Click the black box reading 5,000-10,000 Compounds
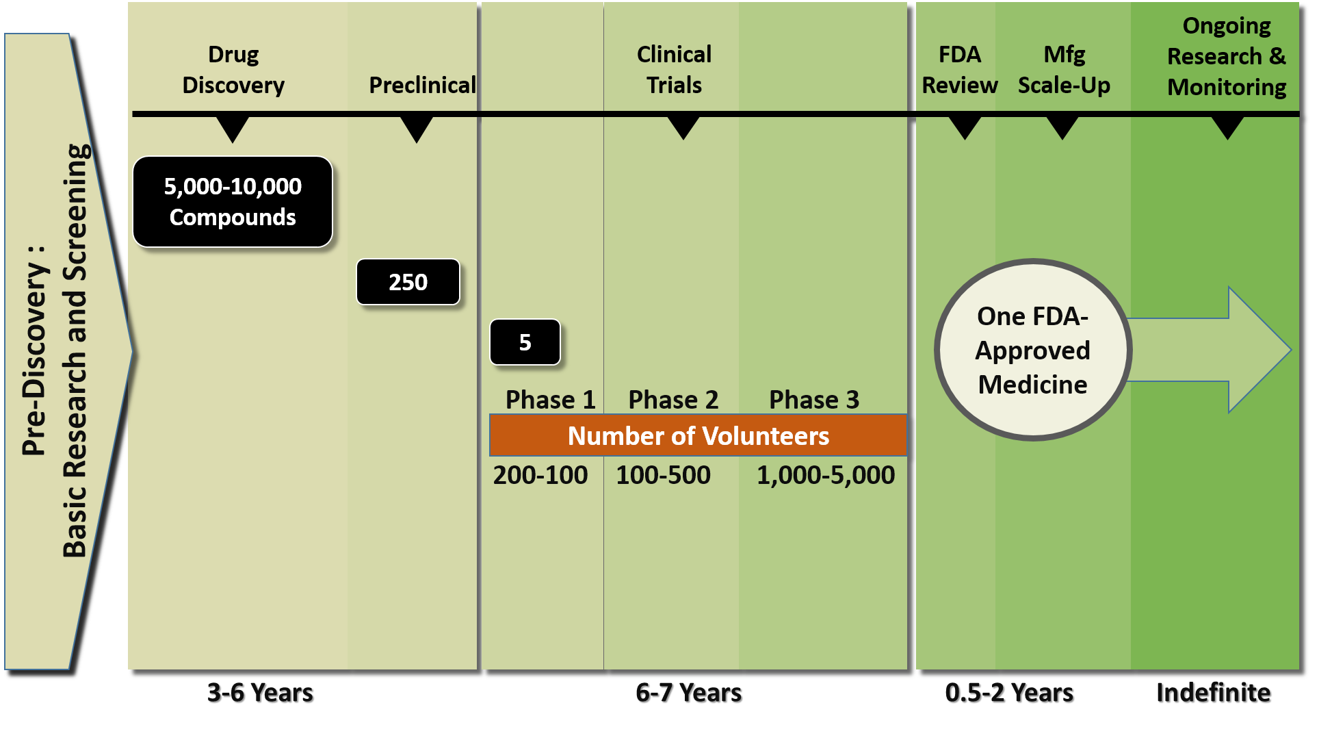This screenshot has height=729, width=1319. (x=233, y=202)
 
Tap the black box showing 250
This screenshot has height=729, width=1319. (x=408, y=282)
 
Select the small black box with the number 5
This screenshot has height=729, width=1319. (x=525, y=342)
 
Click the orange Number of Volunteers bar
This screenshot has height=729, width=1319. (x=698, y=435)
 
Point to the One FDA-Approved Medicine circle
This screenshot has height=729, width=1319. (x=1033, y=350)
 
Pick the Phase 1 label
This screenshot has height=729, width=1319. (x=550, y=400)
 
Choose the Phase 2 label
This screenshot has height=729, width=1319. (x=673, y=400)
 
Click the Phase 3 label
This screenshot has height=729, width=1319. (x=814, y=400)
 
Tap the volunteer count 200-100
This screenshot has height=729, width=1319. (x=540, y=475)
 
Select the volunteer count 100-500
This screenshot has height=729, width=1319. (x=663, y=475)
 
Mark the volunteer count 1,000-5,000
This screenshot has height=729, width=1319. (x=826, y=475)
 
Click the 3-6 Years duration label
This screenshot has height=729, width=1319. (x=260, y=693)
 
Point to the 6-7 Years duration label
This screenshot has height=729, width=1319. (x=689, y=693)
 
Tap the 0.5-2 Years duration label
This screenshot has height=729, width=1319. (x=1009, y=693)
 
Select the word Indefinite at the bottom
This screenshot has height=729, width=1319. (x=1214, y=693)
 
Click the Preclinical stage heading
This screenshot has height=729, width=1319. (x=422, y=85)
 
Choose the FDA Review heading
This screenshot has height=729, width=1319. (x=960, y=70)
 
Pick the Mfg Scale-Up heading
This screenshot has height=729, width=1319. (x=1064, y=70)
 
